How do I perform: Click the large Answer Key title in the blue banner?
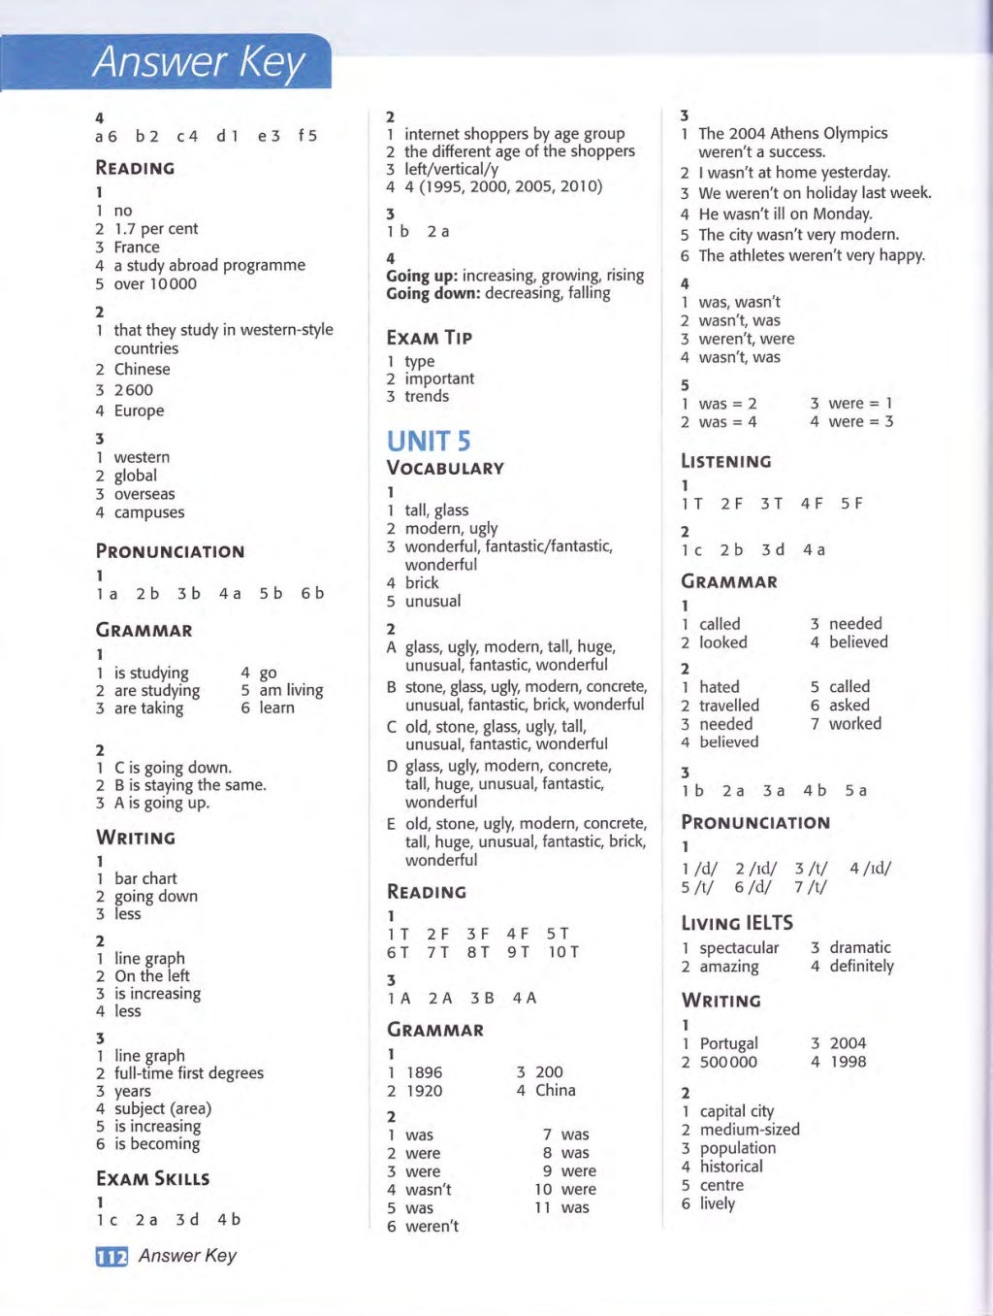pyautogui.click(x=199, y=62)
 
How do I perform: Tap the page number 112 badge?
pyautogui.click(x=112, y=1257)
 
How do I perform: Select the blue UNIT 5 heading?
pyautogui.click(x=429, y=442)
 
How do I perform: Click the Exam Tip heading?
pyautogui.click(x=429, y=338)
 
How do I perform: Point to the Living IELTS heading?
pyautogui.click(x=737, y=923)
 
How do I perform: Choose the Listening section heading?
pyautogui.click(x=726, y=461)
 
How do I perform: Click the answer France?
pyautogui.click(x=137, y=247)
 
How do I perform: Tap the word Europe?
pyautogui.click(x=139, y=411)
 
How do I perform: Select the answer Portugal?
pyautogui.click(x=729, y=1043)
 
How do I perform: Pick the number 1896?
pyautogui.click(x=424, y=1072)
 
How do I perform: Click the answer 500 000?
pyautogui.click(x=728, y=1062)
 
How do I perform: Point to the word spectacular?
pyautogui.click(x=739, y=948)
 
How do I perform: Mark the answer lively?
pyautogui.click(x=718, y=1203)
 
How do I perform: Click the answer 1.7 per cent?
pyautogui.click(x=155, y=229)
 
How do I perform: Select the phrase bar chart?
pyautogui.click(x=145, y=878)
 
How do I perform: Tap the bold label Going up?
pyautogui.click(x=422, y=276)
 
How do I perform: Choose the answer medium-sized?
pyautogui.click(x=750, y=1130)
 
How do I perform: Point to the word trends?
pyautogui.click(x=427, y=396)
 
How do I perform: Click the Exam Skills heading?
pyautogui.click(x=153, y=1178)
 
